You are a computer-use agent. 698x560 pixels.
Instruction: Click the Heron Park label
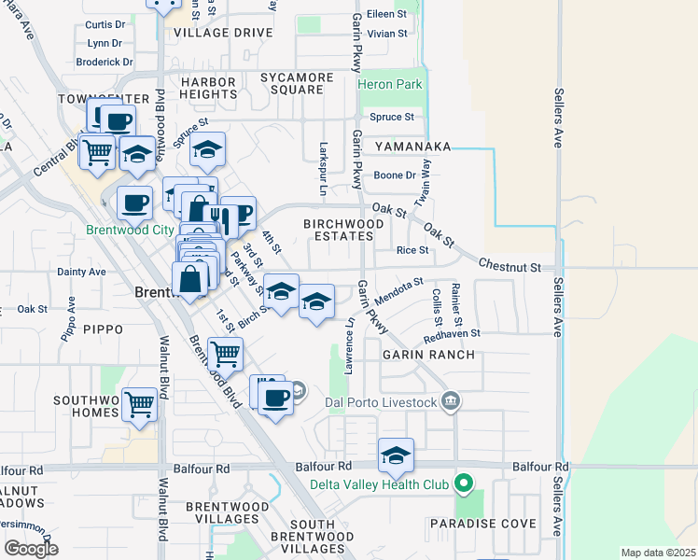[x=390, y=85]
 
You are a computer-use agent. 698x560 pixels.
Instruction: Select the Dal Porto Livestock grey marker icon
[x=451, y=401]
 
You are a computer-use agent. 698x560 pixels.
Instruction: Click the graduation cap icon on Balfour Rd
[x=396, y=456]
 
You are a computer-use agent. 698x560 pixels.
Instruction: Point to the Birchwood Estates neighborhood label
[x=343, y=231]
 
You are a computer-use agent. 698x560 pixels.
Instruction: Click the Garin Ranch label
[x=426, y=355]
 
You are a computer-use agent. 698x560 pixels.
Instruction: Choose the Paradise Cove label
[x=482, y=524]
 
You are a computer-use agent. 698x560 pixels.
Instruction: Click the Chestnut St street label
[x=510, y=268]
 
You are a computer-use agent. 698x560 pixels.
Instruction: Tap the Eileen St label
[x=387, y=14]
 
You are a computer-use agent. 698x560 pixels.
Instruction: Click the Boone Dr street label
[x=395, y=175]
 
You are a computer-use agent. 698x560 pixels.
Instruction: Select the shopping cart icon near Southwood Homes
[x=139, y=405]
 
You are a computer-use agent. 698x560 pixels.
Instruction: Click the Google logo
[x=31, y=549]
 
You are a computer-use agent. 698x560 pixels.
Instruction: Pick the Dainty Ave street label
[x=81, y=273]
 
